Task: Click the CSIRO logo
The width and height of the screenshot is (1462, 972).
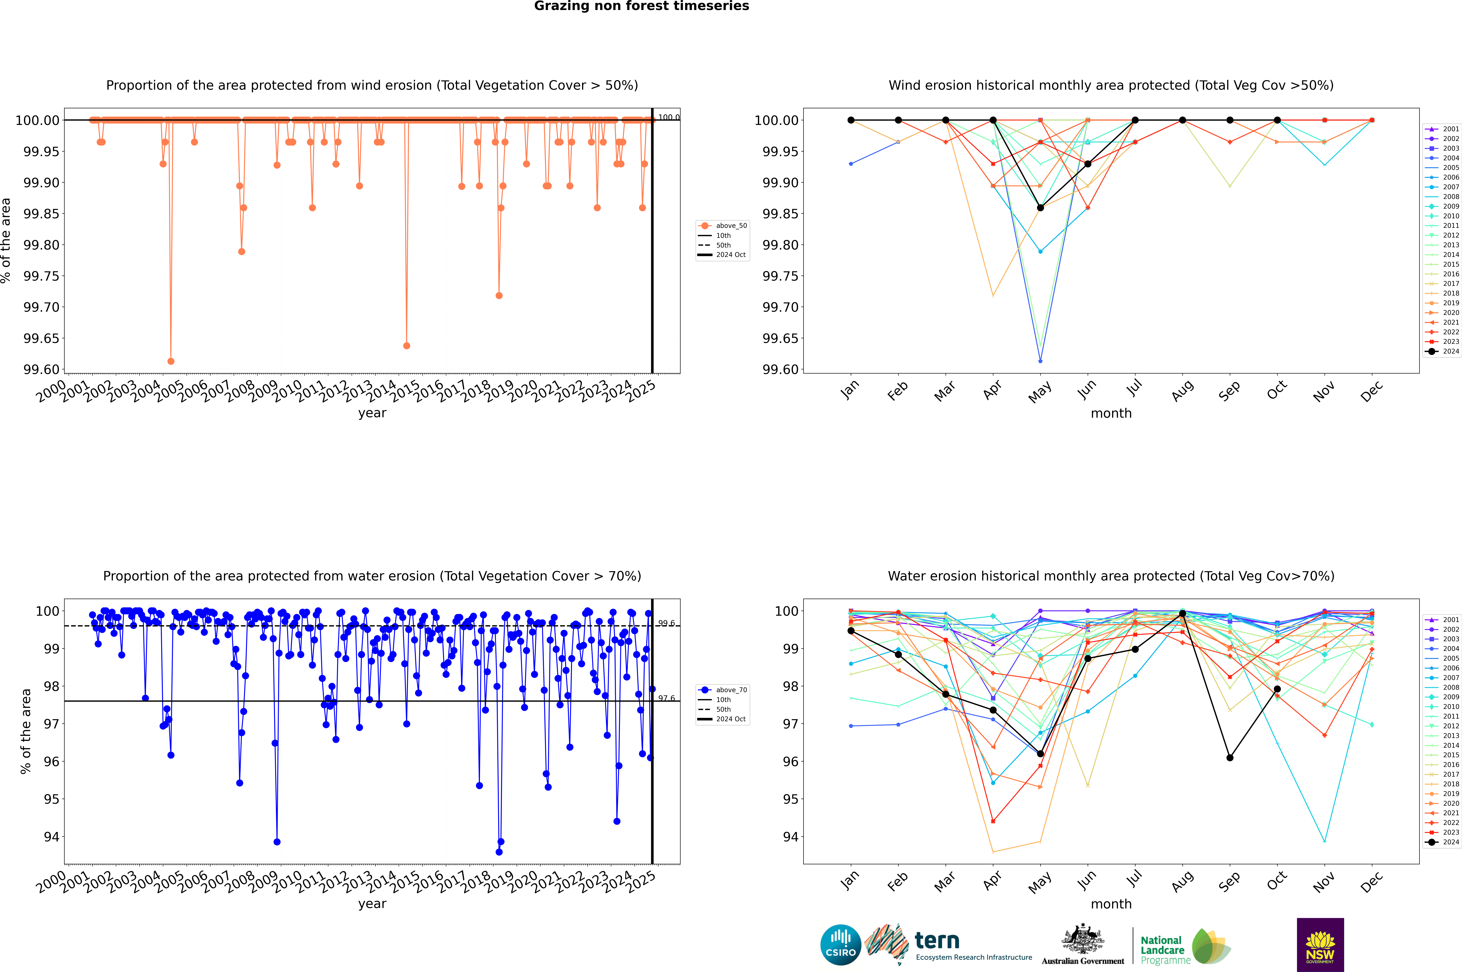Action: coord(840,945)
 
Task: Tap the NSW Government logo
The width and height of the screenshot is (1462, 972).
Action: coord(1320,945)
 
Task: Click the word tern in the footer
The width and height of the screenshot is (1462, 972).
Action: coord(937,941)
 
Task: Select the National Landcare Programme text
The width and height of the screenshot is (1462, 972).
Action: coord(1163,950)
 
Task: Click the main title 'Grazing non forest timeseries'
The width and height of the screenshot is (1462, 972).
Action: coord(641,6)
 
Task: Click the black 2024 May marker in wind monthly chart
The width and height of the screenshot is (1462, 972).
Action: coord(1041,208)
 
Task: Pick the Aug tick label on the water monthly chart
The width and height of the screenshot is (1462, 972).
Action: coord(1182,880)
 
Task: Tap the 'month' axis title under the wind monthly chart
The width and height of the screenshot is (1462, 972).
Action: coord(1111,414)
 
